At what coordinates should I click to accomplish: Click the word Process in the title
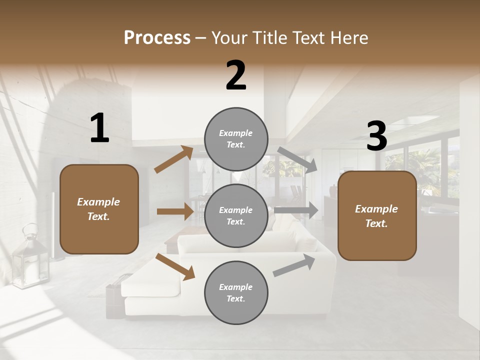click(157, 38)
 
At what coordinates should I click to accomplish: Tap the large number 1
click(99, 128)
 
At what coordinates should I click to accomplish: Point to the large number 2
click(236, 75)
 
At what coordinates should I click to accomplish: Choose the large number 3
click(376, 136)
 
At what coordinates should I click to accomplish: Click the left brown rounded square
click(99, 209)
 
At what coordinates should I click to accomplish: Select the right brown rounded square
click(376, 216)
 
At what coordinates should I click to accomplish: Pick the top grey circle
click(236, 139)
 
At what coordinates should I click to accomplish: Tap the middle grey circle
click(236, 215)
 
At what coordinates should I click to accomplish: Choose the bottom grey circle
click(236, 292)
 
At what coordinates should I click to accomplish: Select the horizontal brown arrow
click(175, 211)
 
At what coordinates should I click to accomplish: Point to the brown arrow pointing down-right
click(175, 266)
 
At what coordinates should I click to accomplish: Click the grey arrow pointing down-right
click(298, 160)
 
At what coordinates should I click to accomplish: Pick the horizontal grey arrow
click(296, 210)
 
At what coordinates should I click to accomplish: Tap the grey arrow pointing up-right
click(294, 265)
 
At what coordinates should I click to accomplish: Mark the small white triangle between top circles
click(236, 176)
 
